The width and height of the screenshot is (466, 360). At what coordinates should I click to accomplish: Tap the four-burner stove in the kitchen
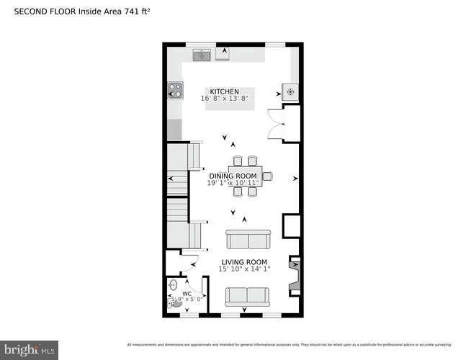[x=175, y=91]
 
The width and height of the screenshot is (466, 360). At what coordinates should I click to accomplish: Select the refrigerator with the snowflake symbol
[x=290, y=91]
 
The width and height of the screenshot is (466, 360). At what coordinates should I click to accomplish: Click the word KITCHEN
[x=224, y=91]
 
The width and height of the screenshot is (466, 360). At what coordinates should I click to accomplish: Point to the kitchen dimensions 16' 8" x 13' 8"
[x=225, y=99]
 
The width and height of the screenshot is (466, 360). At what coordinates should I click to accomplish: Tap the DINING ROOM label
[x=233, y=176]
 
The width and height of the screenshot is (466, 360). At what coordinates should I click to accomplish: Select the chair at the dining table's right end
[x=266, y=176]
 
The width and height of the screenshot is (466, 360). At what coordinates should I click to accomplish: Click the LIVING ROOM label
[x=244, y=262]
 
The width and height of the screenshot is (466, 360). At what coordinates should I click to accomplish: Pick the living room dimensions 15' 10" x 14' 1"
[x=244, y=269]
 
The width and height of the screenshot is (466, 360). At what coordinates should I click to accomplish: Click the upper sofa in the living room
[x=247, y=239]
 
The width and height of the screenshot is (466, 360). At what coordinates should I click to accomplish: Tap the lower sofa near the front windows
[x=247, y=296]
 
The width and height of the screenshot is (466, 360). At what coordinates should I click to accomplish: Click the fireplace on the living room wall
[x=294, y=276]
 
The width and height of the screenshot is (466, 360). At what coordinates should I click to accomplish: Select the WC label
[x=187, y=294]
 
